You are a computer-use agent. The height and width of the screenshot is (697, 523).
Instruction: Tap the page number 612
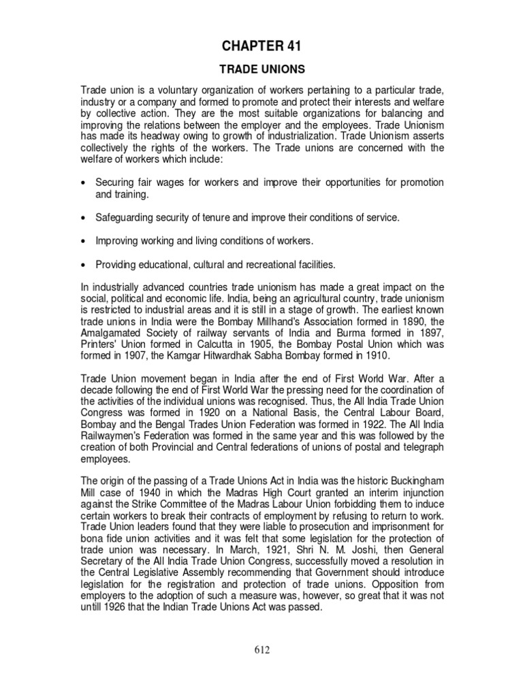[x=261, y=650]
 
